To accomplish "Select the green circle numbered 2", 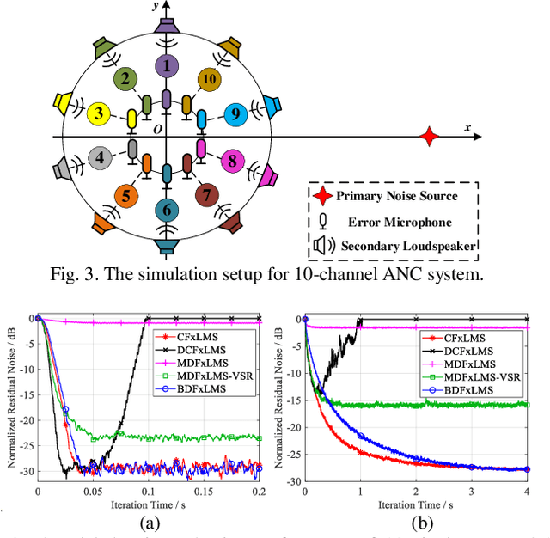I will tap(126, 81).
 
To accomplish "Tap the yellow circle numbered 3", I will tap(101, 113).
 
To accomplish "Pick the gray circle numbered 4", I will tap(101, 158).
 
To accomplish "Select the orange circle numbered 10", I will tap(208, 80).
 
